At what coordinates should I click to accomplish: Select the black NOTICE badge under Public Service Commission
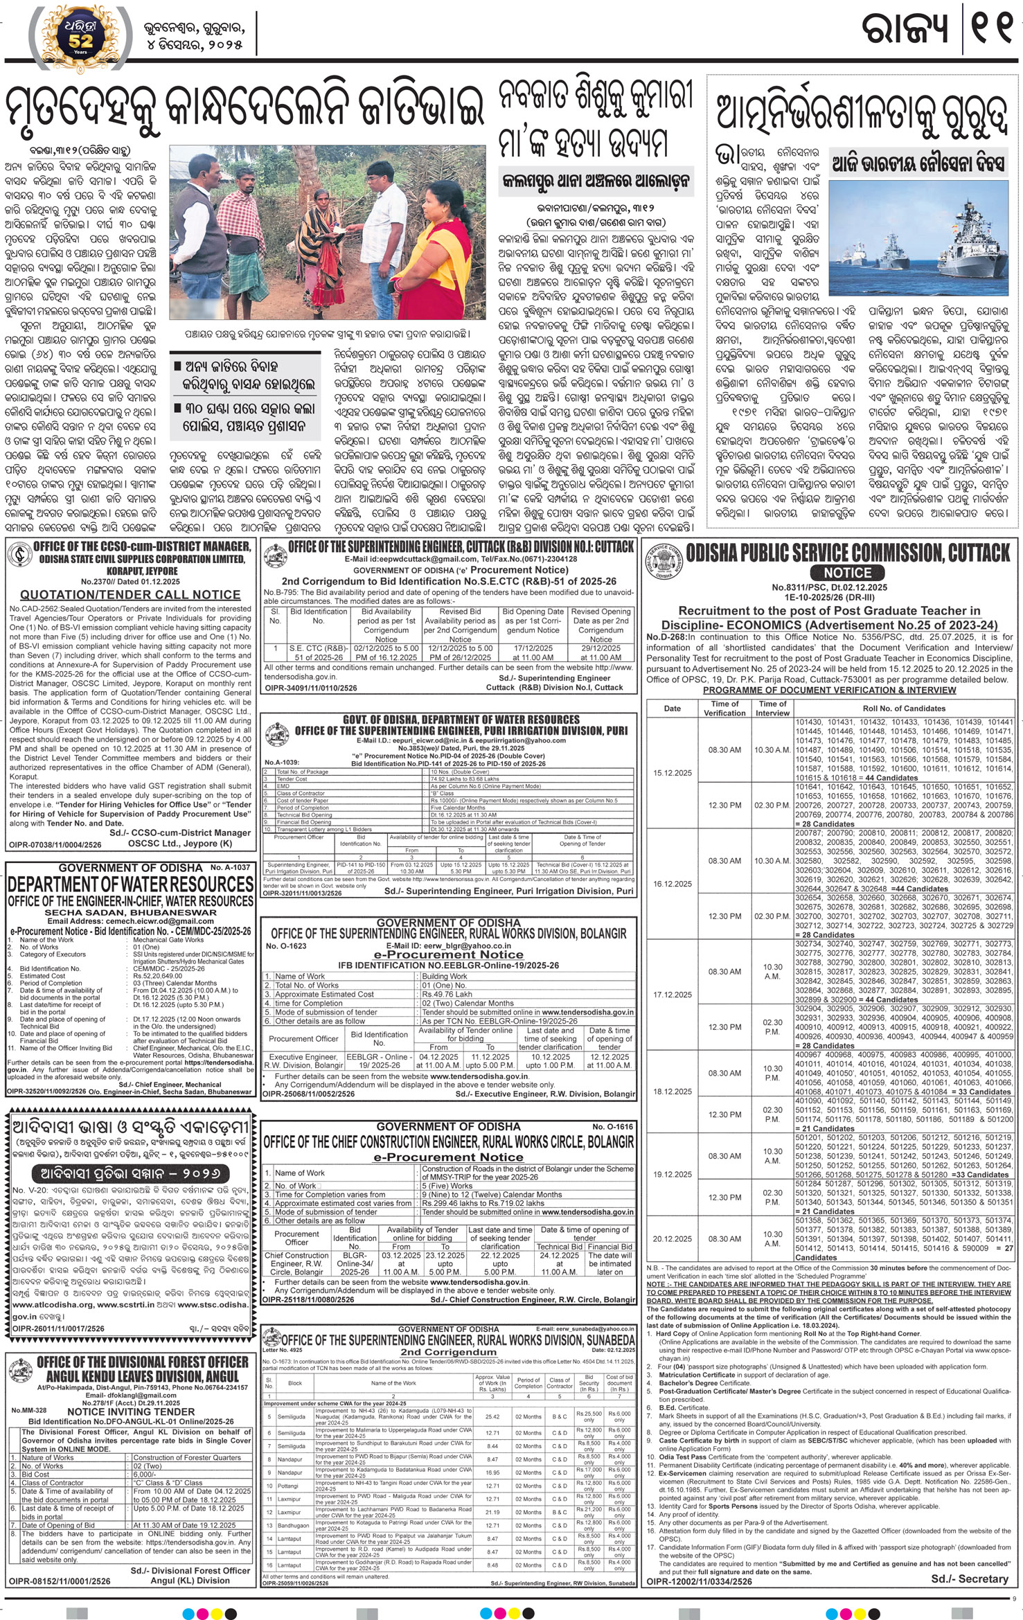click(x=848, y=573)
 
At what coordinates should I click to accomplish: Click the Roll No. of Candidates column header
click(x=903, y=709)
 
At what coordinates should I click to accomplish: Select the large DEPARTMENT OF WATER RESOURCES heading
click(x=131, y=884)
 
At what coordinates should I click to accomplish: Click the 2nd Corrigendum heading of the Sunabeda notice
click(x=450, y=1351)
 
